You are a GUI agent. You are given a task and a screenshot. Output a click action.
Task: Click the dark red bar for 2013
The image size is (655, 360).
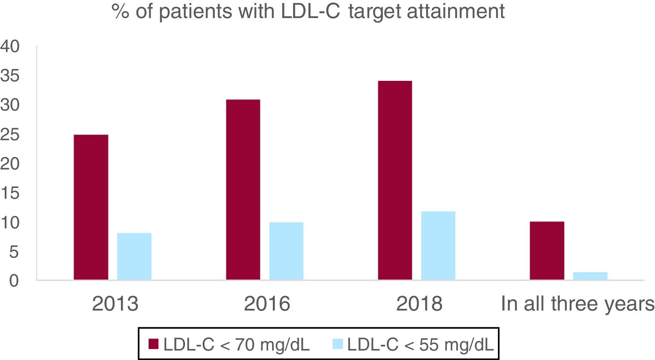click(x=91, y=207)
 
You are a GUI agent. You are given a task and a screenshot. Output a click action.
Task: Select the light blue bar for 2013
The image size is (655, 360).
click(x=134, y=256)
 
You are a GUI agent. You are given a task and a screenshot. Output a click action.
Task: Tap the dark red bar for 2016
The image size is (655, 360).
click(x=243, y=190)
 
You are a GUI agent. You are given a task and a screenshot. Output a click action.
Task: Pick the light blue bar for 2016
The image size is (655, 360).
click(x=286, y=251)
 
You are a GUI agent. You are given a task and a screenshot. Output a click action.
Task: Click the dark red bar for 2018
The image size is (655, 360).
click(x=395, y=180)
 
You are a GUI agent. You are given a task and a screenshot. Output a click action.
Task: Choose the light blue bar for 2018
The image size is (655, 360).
click(x=438, y=246)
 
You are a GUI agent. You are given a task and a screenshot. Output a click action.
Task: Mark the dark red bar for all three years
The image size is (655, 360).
click(x=547, y=251)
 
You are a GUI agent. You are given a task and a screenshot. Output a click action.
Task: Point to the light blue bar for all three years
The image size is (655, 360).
click(x=590, y=276)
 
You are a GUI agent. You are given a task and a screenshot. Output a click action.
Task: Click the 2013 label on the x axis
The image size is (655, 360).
click(x=115, y=304)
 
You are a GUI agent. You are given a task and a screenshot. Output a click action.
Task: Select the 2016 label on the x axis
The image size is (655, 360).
click(x=267, y=304)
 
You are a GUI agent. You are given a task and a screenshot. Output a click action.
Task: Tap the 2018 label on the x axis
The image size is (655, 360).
click(x=419, y=304)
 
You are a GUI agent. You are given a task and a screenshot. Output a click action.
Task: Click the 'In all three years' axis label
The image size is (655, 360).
click(x=578, y=304)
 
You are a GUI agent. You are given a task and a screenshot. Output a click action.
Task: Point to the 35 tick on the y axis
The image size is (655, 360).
click(x=10, y=76)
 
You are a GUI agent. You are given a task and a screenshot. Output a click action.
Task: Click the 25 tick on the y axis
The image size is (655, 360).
click(x=10, y=135)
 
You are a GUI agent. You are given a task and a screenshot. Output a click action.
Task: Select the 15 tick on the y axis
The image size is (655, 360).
click(x=10, y=194)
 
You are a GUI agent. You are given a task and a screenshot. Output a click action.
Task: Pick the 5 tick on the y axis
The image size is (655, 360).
click(x=14, y=252)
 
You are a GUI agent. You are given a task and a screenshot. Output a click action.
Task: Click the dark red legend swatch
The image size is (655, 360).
click(x=154, y=344)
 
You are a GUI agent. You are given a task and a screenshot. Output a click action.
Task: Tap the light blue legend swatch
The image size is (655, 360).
click(x=338, y=344)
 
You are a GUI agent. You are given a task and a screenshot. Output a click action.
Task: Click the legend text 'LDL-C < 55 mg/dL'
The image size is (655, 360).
click(x=420, y=344)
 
